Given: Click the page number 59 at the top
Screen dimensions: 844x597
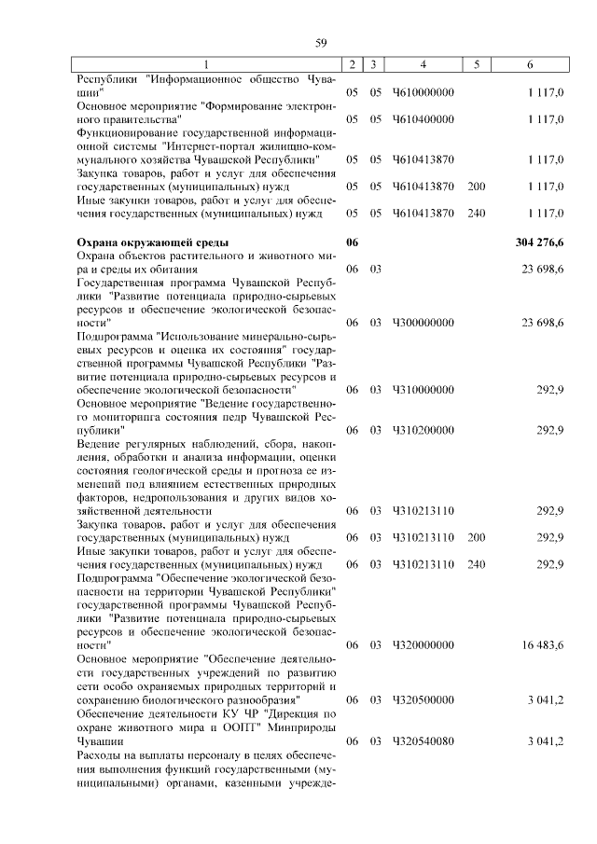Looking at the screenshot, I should pos(321,42).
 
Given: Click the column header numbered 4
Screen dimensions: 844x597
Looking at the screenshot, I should pos(423,64).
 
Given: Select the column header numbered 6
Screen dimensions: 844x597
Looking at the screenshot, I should pos(530,64).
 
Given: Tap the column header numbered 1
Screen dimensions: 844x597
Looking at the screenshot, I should pos(207,64).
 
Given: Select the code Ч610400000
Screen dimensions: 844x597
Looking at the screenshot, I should pos(423,119).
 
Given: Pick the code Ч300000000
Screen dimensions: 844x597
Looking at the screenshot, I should pos(423,322).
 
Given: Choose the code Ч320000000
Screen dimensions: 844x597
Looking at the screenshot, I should pos(423,644).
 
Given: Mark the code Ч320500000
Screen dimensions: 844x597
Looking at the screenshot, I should pos(423,699).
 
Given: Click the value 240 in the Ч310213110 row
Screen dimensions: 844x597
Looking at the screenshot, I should pos(477,564).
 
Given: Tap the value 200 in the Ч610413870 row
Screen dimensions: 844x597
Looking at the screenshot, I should pos(477,187).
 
